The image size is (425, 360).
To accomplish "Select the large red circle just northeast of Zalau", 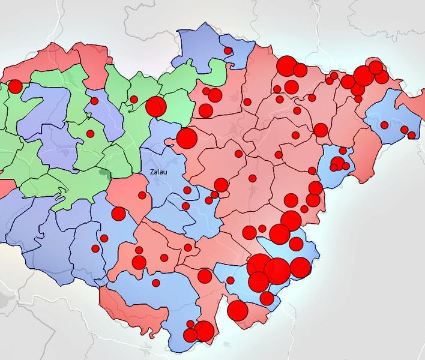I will [187, 138].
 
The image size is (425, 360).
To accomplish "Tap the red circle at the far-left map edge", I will [14, 86].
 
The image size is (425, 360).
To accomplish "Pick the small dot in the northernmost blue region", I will [228, 51].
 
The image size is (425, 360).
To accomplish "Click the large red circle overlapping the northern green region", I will [156, 107].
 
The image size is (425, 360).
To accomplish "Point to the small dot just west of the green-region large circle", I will [134, 99].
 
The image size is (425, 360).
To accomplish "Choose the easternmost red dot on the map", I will [412, 135].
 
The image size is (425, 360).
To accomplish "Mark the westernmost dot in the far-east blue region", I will [384, 125].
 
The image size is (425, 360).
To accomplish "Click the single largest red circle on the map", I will [277, 271].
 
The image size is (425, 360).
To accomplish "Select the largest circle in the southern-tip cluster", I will [204, 331].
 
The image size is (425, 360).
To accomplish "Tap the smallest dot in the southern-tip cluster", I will [192, 324].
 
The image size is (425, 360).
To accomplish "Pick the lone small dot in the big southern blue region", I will [156, 283].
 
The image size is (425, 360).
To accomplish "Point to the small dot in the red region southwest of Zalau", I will [142, 195].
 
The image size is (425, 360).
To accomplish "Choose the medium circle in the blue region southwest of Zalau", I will [118, 214].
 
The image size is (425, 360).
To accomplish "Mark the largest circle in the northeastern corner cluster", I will [363, 76].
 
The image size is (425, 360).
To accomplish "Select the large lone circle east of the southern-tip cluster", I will [238, 310].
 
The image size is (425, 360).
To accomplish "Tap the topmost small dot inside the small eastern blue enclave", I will [343, 151].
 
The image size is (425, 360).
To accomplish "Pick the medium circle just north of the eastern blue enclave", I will [321, 130].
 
